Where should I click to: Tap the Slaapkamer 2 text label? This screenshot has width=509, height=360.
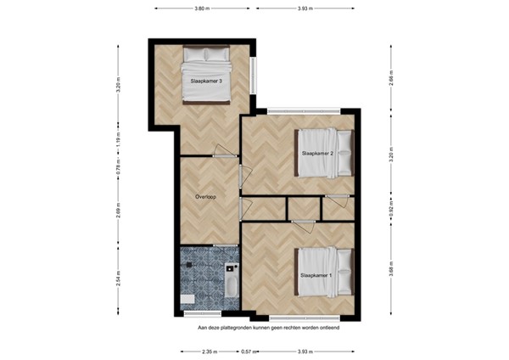(316, 154)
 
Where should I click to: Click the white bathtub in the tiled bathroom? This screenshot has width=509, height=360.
(230, 278)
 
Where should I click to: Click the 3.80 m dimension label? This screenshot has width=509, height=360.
(202, 8)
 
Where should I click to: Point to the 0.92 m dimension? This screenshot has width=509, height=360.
(391, 211)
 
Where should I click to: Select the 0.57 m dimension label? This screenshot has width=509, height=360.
(247, 351)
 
